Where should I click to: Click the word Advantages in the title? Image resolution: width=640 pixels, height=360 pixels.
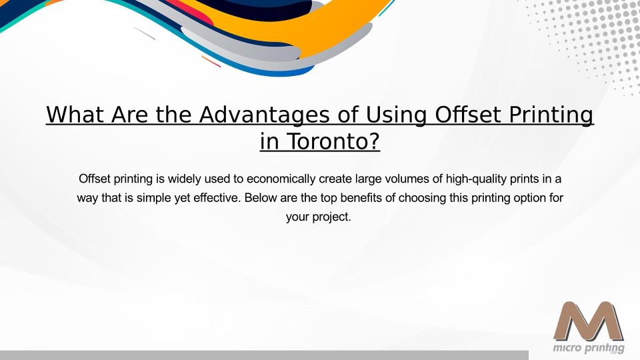[x=264, y=115]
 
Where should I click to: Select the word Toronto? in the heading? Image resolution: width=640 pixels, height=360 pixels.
[x=334, y=141]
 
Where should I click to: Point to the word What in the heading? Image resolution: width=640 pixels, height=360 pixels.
[x=75, y=114]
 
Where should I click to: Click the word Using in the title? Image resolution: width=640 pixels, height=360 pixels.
[x=396, y=115]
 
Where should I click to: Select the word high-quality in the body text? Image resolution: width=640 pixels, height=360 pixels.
[x=476, y=179]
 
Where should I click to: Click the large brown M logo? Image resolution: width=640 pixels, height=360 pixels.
[x=589, y=321]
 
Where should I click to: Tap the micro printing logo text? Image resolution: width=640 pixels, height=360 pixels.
[x=589, y=348]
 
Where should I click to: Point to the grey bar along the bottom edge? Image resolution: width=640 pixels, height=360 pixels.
[x=264, y=355]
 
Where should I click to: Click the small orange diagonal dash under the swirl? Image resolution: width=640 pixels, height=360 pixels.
[x=211, y=61]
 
